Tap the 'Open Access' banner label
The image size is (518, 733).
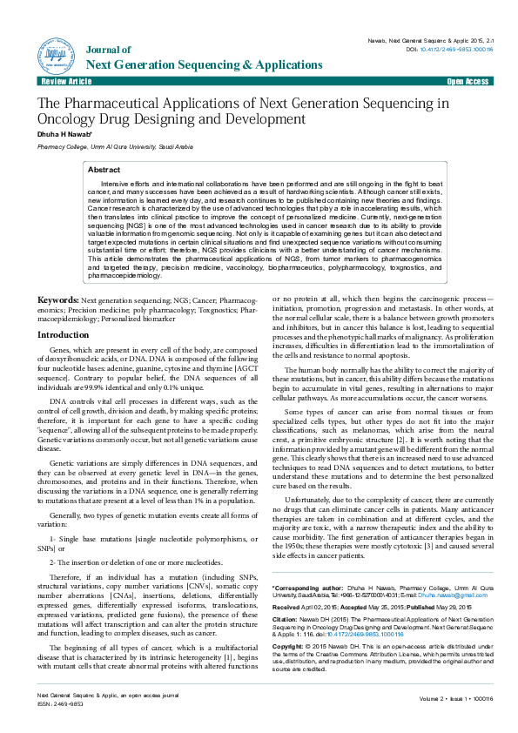point(468,81)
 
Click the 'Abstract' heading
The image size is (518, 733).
point(104,170)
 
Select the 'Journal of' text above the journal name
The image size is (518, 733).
point(110,50)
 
